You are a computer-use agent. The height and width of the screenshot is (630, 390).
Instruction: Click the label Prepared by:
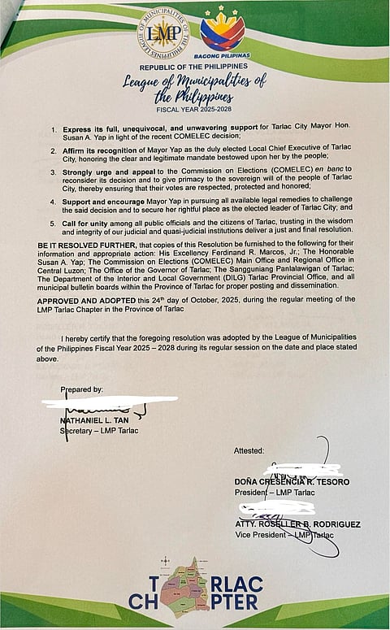[81, 389]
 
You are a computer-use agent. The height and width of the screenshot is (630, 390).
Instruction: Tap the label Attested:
[249, 450]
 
